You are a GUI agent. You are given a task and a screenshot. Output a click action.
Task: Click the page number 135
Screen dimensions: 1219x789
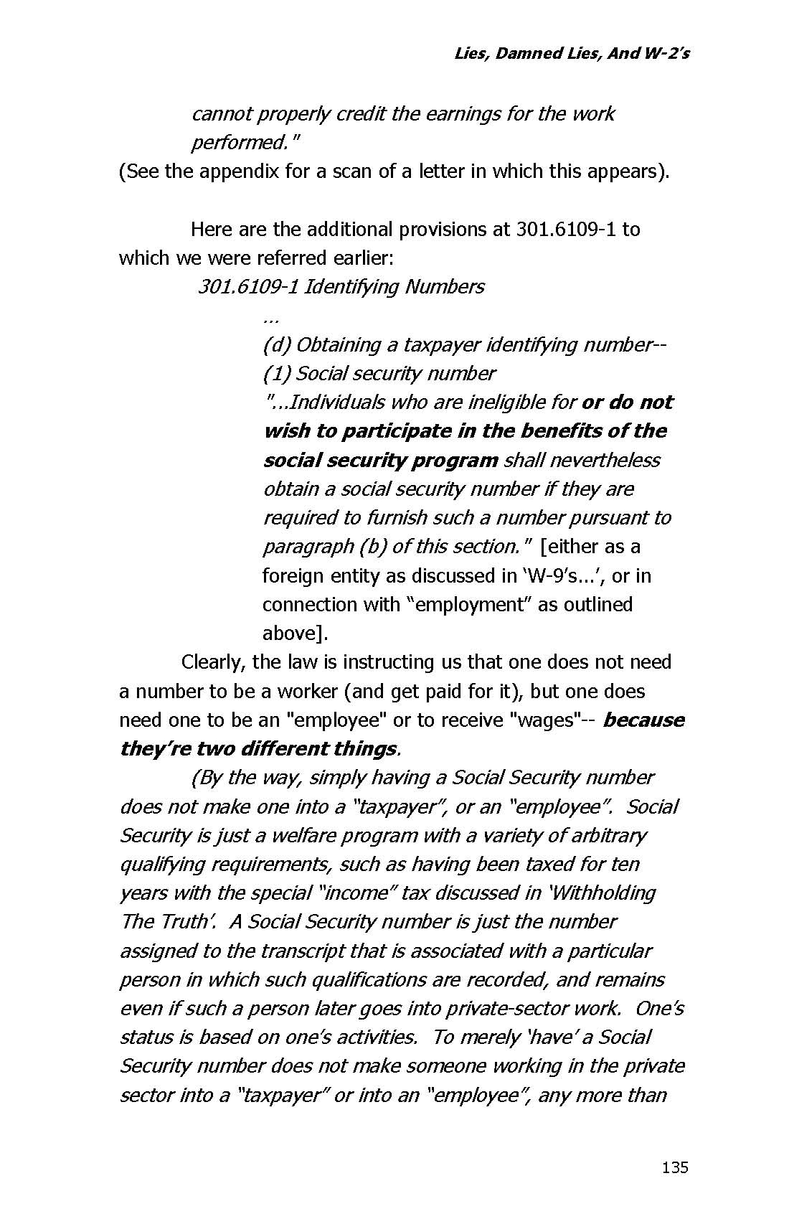(x=675, y=1167)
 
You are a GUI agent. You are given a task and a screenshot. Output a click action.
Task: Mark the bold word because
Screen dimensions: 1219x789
(x=643, y=720)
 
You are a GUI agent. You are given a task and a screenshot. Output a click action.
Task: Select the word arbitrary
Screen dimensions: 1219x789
(x=604, y=836)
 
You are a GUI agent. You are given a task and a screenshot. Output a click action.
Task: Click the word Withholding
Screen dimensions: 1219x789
(x=603, y=893)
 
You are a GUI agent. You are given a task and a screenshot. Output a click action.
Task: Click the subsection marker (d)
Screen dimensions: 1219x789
(x=275, y=345)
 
